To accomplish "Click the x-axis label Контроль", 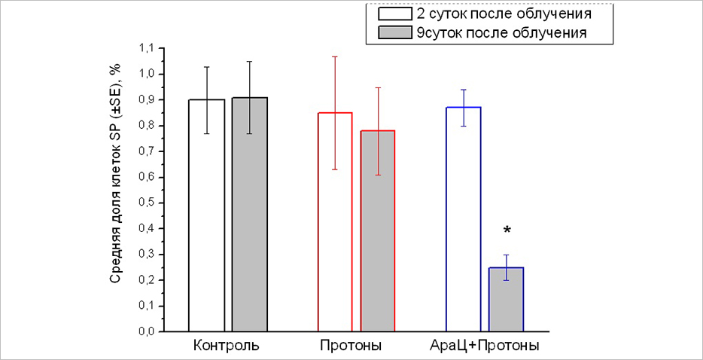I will click(x=227, y=347).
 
